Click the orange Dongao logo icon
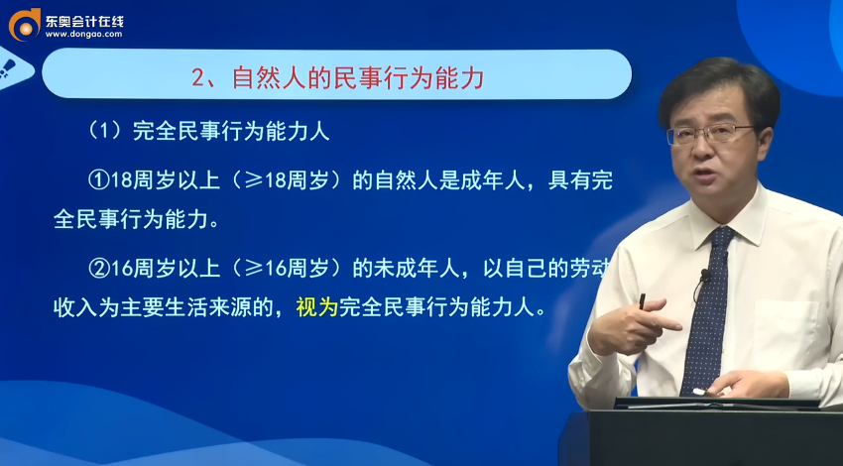(x=23, y=23)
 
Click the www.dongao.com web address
(x=83, y=34)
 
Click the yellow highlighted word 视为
(x=317, y=307)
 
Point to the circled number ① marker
(x=97, y=180)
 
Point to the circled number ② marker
(x=97, y=268)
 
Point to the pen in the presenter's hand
(x=642, y=300)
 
